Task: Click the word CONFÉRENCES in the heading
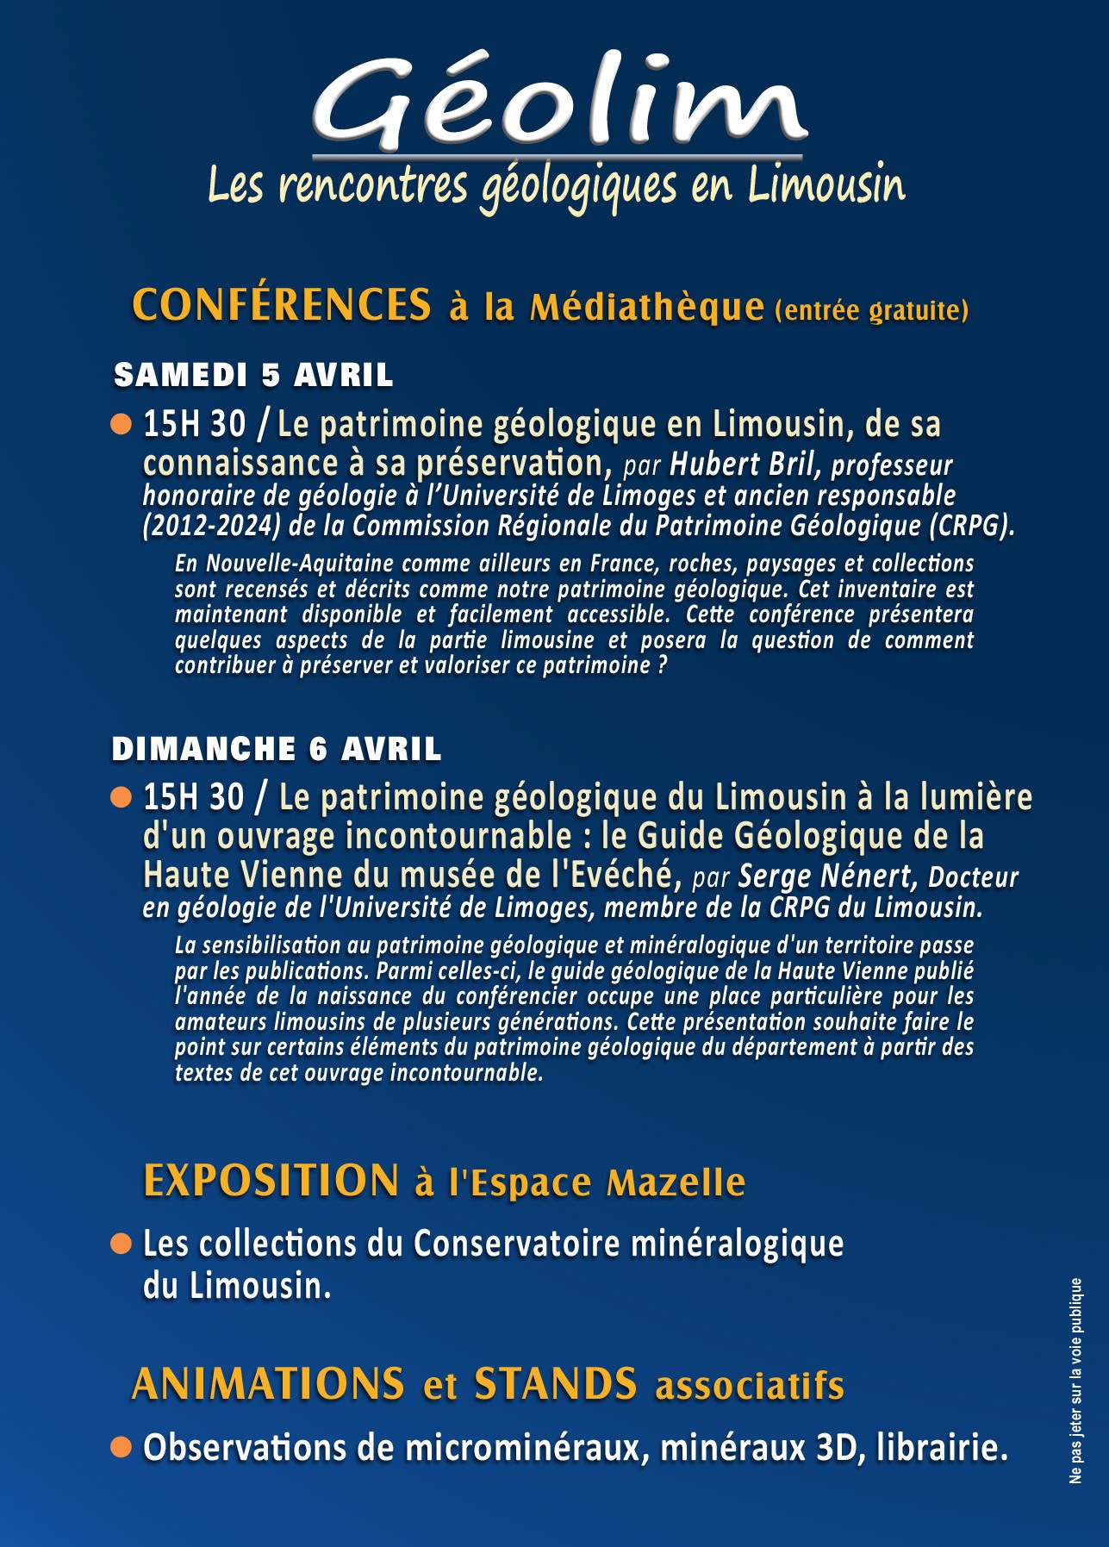pos(282,304)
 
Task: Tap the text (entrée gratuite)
pos(872,310)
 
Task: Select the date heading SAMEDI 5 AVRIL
pos(253,376)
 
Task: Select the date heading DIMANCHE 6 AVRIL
pos(276,749)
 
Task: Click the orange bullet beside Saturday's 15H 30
pos(121,424)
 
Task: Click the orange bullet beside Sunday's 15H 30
pos(121,797)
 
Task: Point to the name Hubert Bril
pos(741,465)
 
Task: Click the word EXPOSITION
pos(271,1181)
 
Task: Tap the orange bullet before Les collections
pos(121,1244)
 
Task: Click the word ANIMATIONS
pos(268,1384)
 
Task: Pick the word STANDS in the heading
pos(556,1384)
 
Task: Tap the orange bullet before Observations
pos(121,1447)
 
